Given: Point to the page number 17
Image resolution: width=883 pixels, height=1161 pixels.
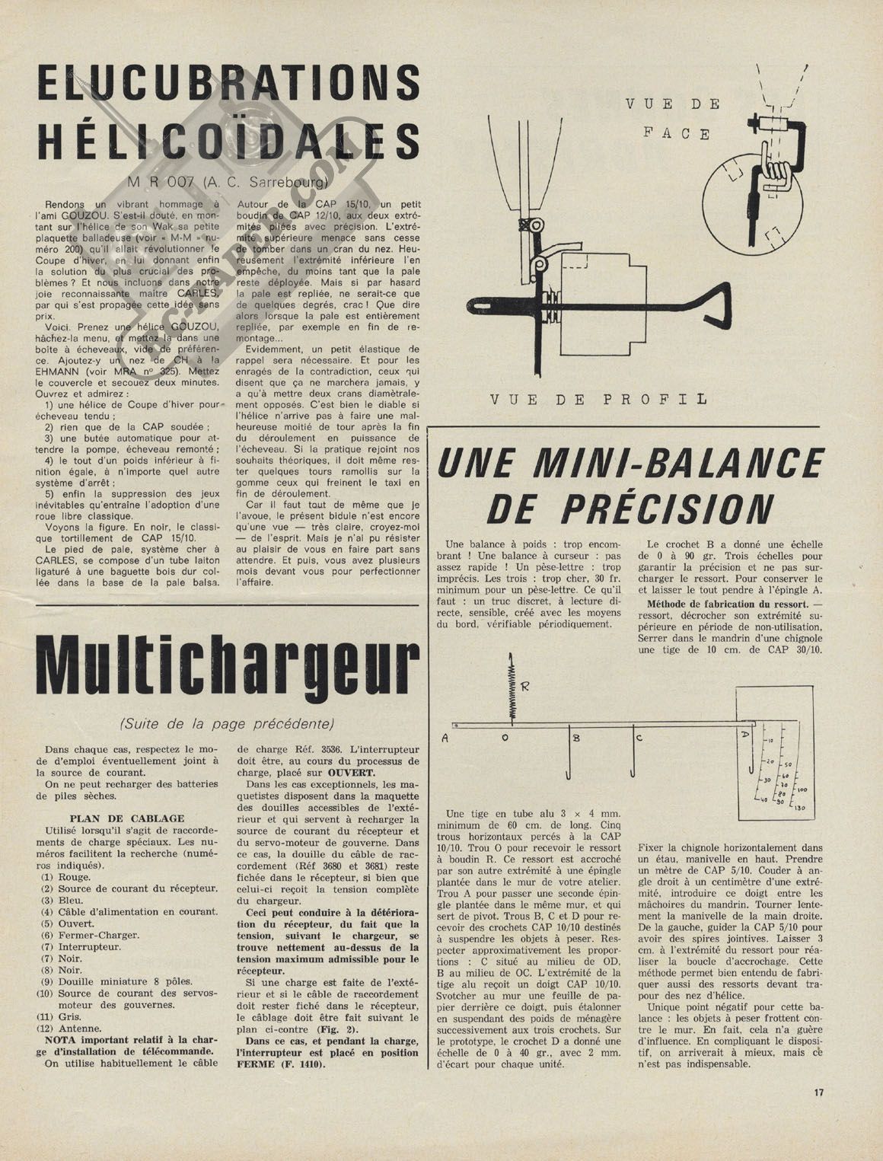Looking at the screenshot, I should point(818,1092).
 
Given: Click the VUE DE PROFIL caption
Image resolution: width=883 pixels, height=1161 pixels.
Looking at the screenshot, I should point(598,399).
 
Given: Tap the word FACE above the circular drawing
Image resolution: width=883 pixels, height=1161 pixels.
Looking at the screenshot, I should point(676,133).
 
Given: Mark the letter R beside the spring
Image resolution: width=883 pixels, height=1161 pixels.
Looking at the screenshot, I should point(525,685).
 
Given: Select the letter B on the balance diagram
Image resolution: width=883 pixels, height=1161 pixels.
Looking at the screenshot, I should point(576,737).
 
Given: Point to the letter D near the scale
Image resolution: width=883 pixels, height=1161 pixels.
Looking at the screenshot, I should point(744,735).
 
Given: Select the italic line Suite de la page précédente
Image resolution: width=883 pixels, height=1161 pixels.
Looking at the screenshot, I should point(227,722).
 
